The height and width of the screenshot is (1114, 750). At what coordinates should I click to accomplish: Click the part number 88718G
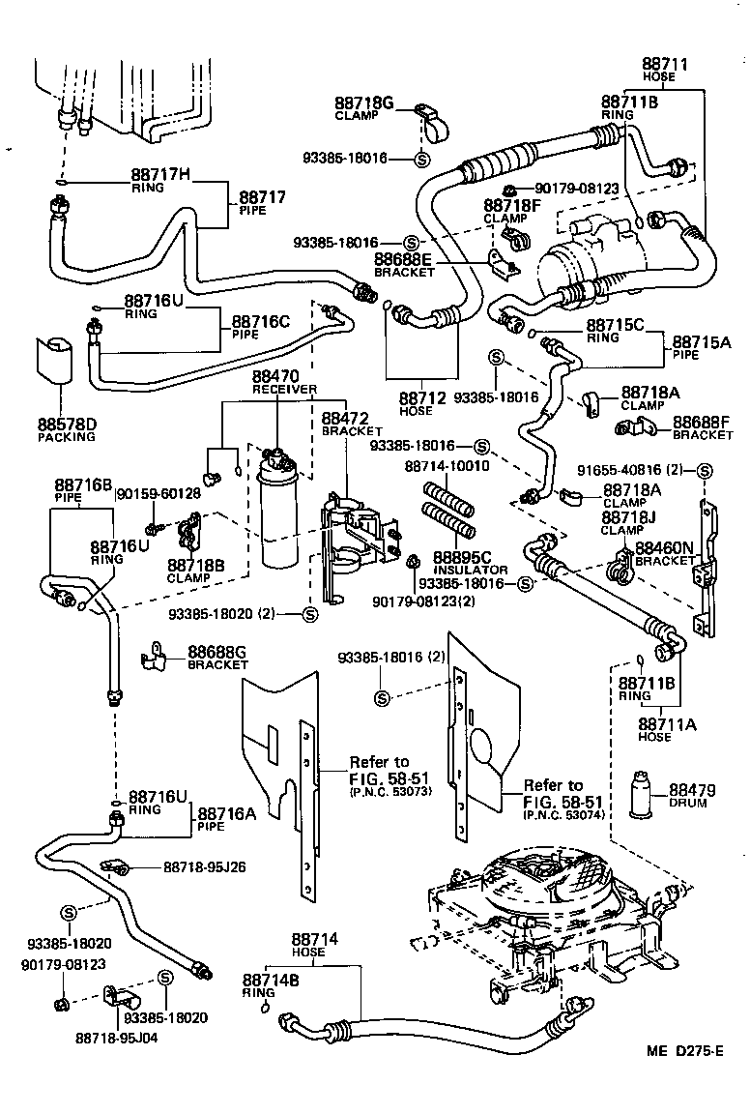point(364,103)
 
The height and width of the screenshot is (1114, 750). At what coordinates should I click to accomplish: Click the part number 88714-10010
point(447,465)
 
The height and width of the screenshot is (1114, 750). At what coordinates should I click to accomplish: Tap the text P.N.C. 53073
point(389,792)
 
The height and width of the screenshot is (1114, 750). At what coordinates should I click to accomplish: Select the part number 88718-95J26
point(204,867)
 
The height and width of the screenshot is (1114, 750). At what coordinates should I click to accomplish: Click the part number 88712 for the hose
point(422,397)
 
